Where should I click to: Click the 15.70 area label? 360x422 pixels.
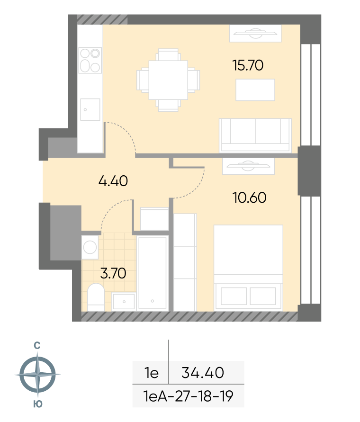248,65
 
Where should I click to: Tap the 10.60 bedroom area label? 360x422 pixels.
249,198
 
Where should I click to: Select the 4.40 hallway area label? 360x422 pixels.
113,181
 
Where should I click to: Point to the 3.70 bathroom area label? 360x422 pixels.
113,273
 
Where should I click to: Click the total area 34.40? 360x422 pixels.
203,373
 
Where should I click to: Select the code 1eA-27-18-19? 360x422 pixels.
188,396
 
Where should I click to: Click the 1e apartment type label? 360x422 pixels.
151,373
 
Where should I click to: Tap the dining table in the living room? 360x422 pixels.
168,80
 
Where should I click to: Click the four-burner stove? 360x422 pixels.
90,60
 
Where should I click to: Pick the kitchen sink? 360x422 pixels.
90,109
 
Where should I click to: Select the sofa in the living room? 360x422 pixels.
255,135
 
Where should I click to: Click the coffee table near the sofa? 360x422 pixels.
255,90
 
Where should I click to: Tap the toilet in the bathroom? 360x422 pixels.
96,297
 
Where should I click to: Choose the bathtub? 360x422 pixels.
153,273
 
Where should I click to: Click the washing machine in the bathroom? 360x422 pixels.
90,247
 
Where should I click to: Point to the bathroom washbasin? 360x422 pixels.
124,301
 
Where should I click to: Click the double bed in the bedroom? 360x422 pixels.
248,268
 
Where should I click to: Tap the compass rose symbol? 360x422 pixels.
37,374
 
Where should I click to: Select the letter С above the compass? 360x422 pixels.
37,345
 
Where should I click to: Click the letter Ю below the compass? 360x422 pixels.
38,404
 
